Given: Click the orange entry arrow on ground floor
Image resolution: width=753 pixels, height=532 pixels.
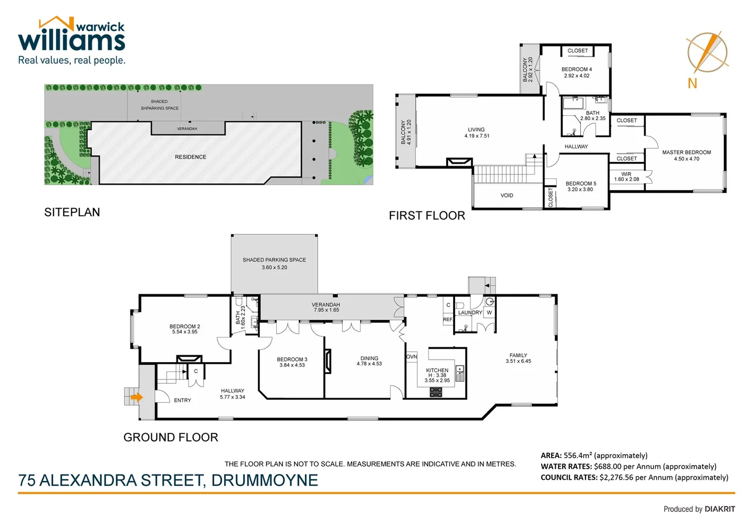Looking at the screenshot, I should (136, 397).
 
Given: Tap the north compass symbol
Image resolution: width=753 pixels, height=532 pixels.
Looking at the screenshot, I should (707, 53).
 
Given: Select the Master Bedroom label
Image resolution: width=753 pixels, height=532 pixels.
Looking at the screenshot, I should (686, 153).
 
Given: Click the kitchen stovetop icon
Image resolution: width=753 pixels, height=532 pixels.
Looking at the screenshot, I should (436, 392).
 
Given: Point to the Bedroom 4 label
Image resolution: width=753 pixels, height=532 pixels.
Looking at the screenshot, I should (576, 69).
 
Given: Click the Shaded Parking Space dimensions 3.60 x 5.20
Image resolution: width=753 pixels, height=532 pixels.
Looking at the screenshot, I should (274, 267).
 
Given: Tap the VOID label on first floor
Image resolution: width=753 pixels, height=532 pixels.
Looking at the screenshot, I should (507, 196).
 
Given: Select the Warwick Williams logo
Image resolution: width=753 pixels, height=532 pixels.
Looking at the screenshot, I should (72, 41).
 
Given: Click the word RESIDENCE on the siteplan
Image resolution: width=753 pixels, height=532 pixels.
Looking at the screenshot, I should (191, 157).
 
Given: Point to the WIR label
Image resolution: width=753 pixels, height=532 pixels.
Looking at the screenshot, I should (626, 174).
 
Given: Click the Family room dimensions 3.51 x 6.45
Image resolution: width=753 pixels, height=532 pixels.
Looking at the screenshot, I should (518, 362).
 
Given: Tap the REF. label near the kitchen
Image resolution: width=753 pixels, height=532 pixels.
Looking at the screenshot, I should (448, 320).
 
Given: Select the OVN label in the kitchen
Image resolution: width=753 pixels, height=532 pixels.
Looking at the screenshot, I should (411, 357).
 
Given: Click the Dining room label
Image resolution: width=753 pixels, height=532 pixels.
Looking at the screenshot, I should (369, 359).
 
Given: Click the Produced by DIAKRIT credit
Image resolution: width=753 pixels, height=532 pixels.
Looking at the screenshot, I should (699, 509).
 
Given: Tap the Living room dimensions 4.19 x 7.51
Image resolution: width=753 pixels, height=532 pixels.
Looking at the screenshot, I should (476, 136).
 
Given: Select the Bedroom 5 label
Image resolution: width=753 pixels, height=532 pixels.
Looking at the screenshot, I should (581, 184).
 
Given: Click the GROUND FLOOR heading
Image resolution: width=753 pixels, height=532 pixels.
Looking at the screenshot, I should (170, 437).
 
